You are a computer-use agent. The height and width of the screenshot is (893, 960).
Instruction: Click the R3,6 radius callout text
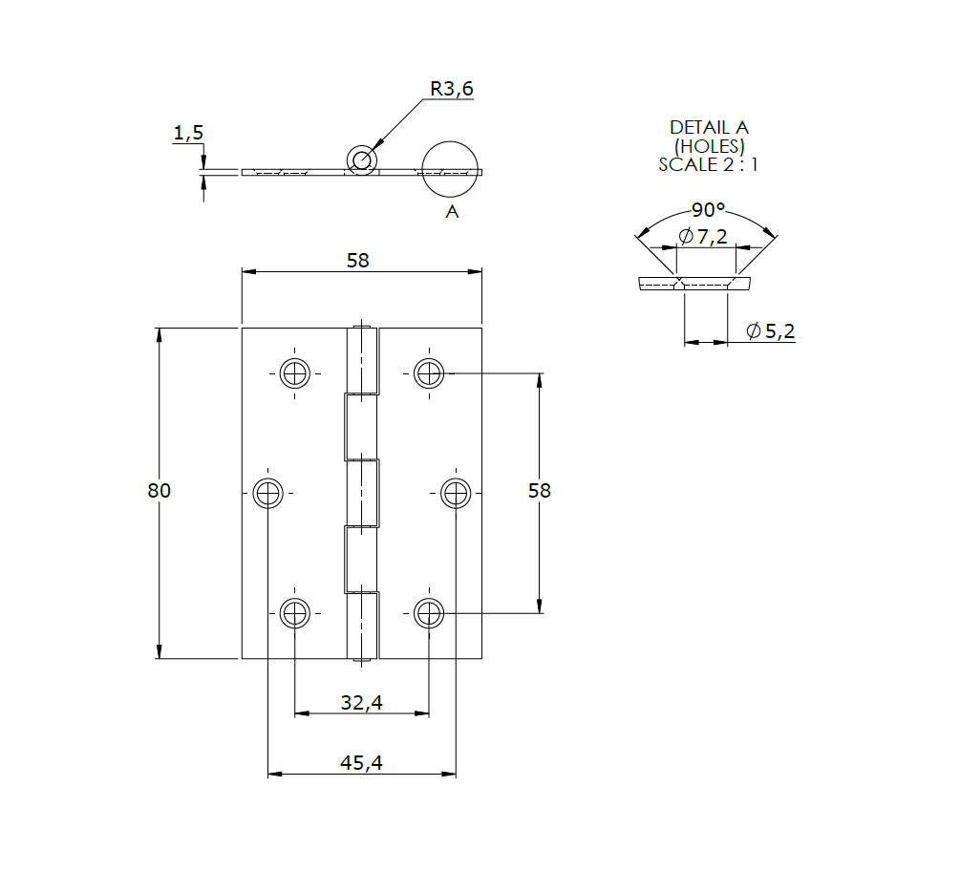pyautogui.click(x=451, y=89)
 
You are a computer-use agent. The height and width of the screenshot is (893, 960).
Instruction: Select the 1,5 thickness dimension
pyautogui.click(x=188, y=134)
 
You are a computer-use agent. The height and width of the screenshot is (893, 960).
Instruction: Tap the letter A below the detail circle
pyautogui.click(x=452, y=211)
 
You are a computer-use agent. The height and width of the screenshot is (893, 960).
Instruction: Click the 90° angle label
pyautogui.click(x=708, y=210)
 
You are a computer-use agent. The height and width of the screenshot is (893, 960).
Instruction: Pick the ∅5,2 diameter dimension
pyautogui.click(x=770, y=331)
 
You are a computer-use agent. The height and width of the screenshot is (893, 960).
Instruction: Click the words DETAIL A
pyautogui.click(x=708, y=127)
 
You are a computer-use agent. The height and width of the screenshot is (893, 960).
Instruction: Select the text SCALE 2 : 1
pyautogui.click(x=708, y=164)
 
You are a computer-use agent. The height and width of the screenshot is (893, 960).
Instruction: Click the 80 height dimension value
pyautogui.click(x=159, y=490)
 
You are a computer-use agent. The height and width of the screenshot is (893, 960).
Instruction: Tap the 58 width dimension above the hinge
pyautogui.click(x=357, y=260)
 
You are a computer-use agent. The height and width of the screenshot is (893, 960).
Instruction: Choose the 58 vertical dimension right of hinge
pyautogui.click(x=540, y=490)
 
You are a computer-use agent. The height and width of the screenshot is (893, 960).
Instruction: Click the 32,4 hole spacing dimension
pyautogui.click(x=361, y=703)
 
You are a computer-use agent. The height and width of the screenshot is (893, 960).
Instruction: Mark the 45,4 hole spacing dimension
pyautogui.click(x=361, y=763)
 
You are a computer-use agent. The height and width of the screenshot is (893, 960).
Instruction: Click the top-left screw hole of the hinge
pyautogui.click(x=295, y=372)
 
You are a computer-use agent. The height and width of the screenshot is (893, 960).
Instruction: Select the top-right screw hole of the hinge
pyautogui.click(x=429, y=372)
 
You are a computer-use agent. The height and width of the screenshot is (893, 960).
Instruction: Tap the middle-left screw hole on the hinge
pyautogui.click(x=268, y=493)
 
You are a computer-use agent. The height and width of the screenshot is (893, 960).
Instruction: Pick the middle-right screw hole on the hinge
pyautogui.click(x=456, y=493)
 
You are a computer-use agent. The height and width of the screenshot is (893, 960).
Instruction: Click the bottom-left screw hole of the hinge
pyautogui.click(x=295, y=613)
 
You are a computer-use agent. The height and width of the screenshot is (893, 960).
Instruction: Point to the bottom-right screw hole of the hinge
pyautogui.click(x=429, y=613)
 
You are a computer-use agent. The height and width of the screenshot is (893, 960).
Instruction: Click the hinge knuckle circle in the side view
pyautogui.click(x=361, y=159)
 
